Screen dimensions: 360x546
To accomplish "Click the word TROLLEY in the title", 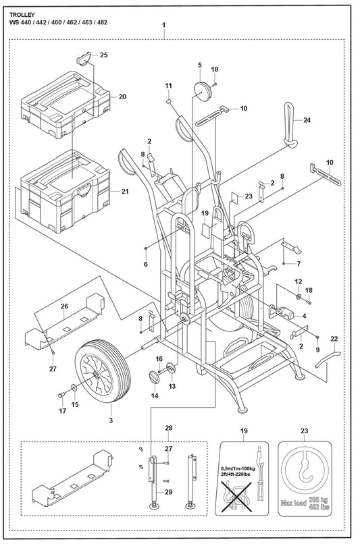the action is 22,15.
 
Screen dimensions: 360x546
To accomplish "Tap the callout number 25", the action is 104,55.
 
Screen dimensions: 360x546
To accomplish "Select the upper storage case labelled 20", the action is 66,105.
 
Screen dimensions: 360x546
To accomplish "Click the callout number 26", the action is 64,306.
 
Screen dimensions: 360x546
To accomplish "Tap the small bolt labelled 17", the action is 61,395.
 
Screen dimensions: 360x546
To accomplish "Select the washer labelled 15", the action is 74,387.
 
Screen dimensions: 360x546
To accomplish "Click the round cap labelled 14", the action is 155,377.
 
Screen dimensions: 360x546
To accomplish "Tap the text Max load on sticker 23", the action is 294,503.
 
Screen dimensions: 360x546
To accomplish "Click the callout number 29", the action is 169,493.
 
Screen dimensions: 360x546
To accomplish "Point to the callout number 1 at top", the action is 164,25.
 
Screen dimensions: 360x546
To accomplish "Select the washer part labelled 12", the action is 299,297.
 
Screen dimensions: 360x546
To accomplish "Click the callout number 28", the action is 169,428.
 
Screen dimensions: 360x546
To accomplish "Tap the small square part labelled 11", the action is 168,101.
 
